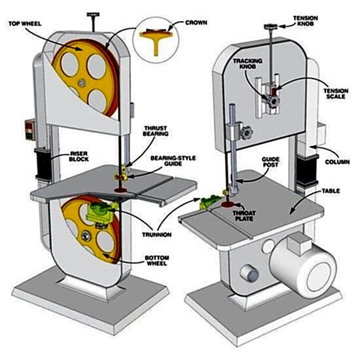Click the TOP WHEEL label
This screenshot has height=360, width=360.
coord(25,24)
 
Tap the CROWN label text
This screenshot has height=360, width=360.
coord(196,23)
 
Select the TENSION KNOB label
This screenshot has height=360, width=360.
coord(306,21)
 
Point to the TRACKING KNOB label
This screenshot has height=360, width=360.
coord(247,63)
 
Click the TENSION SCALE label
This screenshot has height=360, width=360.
coord(336,94)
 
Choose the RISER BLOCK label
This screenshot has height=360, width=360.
coord(79,156)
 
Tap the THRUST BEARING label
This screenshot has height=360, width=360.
coord(155,131)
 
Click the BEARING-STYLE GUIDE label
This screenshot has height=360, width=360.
coord(173,161)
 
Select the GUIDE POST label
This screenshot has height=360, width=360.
coord(270,162)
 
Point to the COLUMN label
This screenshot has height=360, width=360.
coord(337,162)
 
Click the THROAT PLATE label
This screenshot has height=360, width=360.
coord(244,216)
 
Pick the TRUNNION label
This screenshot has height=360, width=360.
coord(156,234)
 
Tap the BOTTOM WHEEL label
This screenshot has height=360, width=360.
coord(157,261)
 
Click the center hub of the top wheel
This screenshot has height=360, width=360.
coord(81,83)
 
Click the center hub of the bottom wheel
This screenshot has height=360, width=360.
coord(86,236)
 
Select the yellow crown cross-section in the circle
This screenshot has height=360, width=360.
coord(156,40)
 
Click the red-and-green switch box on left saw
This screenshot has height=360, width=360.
coord(30,131)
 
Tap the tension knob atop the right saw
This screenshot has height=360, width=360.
coord(271,27)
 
